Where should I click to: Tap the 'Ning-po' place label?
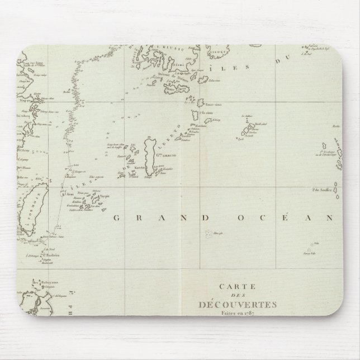click(25, 101)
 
